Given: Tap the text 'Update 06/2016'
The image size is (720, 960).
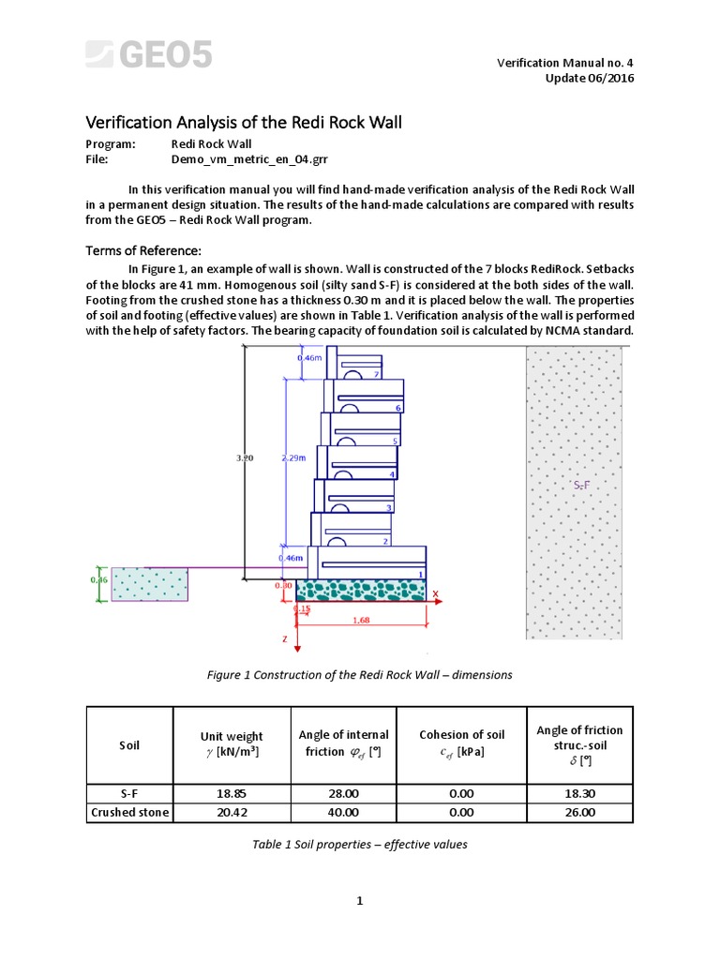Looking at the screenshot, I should click(590, 78).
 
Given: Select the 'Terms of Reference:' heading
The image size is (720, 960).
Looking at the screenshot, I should click(143, 250).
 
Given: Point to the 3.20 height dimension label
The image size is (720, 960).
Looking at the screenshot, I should click(245, 457).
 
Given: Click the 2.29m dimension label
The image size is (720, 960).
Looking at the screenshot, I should click(294, 457).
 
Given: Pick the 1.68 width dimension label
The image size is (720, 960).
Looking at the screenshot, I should click(361, 619).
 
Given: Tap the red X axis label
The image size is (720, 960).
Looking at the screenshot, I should click(436, 593).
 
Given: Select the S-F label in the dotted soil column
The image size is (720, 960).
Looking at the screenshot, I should click(580, 485).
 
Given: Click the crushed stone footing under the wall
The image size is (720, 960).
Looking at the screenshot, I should click(361, 591).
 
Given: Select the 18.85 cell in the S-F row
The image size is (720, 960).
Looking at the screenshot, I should click(232, 793).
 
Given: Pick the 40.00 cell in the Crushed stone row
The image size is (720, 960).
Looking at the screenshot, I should click(343, 812).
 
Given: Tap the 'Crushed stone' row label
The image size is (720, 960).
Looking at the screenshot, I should click(129, 812).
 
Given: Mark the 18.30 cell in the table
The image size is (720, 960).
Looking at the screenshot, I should click(578, 793).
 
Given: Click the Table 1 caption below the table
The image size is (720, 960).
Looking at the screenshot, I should click(360, 844).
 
